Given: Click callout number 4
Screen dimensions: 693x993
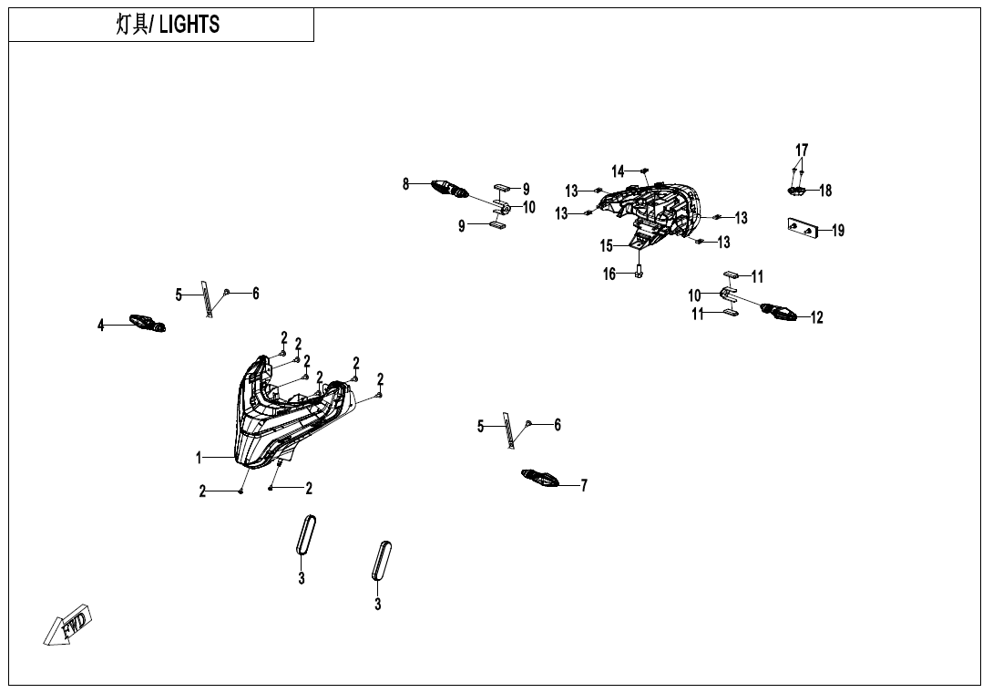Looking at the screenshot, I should (101, 325).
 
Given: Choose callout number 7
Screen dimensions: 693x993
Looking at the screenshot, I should (584, 486).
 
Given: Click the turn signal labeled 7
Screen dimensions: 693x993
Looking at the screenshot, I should (545, 477).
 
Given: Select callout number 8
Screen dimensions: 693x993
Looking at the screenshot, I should (406, 184).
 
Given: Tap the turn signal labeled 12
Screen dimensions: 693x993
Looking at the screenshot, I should (780, 313).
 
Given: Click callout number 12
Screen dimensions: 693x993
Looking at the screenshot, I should (817, 318).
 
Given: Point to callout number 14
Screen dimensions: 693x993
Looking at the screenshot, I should (618, 171).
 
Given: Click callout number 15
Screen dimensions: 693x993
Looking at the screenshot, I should (607, 245).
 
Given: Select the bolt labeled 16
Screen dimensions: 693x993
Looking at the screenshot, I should (638, 273).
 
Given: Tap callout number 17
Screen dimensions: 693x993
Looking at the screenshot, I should (802, 150).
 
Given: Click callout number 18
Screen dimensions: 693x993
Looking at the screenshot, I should (825, 191).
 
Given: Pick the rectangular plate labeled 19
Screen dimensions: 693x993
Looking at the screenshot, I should (804, 227).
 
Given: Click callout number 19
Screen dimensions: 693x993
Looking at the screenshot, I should (838, 231).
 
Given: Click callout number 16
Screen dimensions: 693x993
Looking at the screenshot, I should (609, 274).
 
